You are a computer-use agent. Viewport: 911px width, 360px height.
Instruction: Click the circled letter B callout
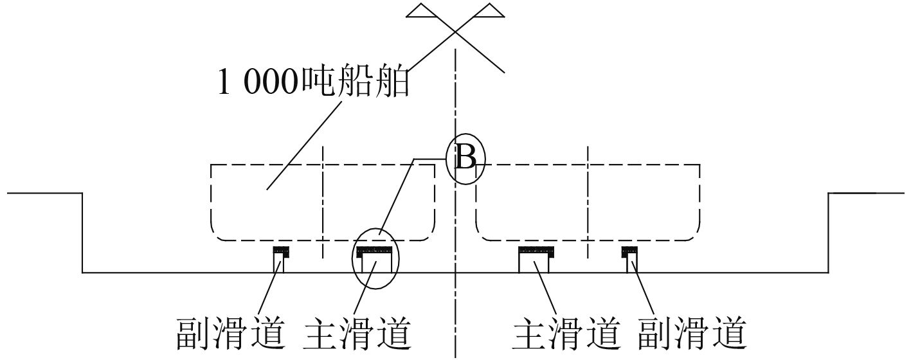tap(465, 159)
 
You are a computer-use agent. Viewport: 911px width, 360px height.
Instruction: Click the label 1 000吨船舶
tap(314, 84)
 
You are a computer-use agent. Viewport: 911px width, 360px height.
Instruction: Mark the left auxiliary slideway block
tap(281, 259)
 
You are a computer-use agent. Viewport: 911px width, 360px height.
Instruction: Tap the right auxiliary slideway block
tap(629, 259)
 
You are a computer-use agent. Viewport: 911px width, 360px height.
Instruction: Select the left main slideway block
tap(375, 259)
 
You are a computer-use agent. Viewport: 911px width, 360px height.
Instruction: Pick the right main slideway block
tap(536, 259)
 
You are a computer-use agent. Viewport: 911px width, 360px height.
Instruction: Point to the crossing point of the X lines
tap(455, 31)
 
